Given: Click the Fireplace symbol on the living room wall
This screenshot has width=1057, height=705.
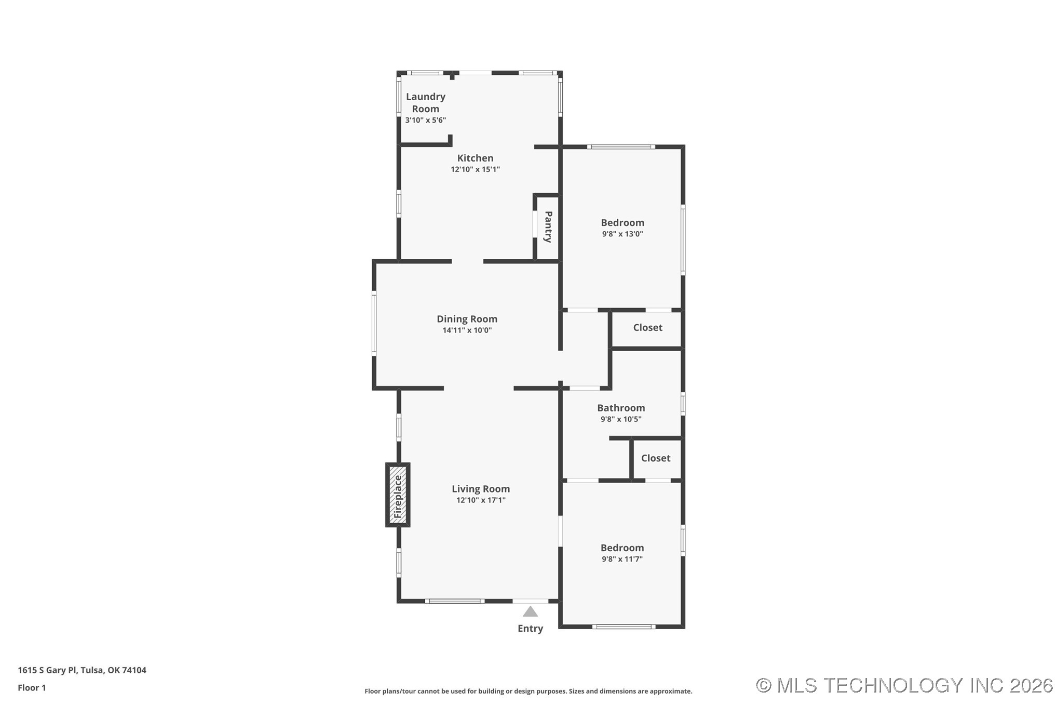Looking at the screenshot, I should [x=398, y=495].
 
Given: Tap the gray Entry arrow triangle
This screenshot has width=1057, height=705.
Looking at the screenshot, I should [x=530, y=611].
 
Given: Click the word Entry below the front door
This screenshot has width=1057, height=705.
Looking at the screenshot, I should [x=530, y=628].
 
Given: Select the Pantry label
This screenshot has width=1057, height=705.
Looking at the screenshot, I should [x=548, y=227].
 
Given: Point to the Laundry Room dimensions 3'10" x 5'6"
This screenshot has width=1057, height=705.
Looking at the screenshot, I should [x=425, y=120].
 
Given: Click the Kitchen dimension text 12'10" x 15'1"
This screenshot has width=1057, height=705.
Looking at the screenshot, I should [x=475, y=169].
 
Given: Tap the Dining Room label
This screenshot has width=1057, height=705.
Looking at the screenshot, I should [x=467, y=319].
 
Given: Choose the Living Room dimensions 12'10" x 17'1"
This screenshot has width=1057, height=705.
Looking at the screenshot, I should [x=481, y=500].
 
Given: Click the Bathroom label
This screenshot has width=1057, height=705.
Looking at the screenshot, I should [x=621, y=408].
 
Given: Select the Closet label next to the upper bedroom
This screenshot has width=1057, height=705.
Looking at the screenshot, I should [x=647, y=327].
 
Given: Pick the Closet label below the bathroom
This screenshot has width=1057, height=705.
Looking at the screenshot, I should [x=655, y=458].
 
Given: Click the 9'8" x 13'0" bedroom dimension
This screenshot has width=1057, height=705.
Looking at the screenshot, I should [x=622, y=234].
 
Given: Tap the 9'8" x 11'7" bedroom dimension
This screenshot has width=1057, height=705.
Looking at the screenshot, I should [x=622, y=559].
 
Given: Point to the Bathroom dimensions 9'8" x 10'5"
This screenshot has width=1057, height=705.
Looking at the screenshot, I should [x=621, y=419].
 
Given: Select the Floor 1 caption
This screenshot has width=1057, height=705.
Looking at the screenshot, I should [x=32, y=688].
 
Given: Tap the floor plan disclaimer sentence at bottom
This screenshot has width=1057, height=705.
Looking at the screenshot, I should [x=528, y=691].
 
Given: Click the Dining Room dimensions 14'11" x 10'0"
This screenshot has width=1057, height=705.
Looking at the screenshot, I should [x=467, y=330].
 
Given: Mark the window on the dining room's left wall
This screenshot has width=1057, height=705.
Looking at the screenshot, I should [x=374, y=323].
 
